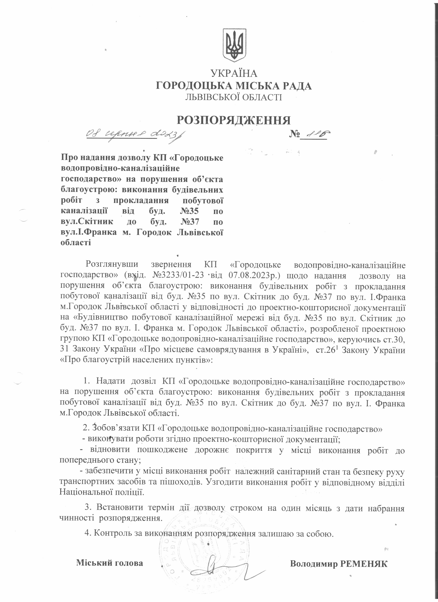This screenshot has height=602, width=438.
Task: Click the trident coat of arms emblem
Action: (234, 45)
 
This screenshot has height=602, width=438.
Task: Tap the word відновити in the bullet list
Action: (110, 450)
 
